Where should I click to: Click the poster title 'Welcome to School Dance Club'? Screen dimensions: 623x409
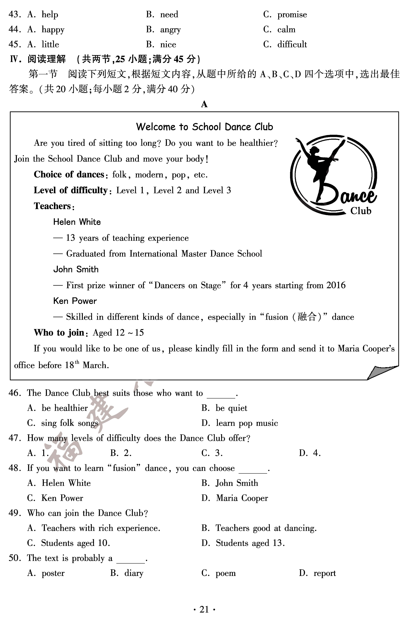click(x=204, y=127)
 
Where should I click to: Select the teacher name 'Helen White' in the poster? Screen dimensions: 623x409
click(x=77, y=222)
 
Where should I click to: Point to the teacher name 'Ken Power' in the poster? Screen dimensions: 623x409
click(x=75, y=301)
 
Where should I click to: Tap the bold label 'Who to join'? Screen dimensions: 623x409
click(x=59, y=333)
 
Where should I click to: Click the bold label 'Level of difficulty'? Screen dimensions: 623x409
click(x=71, y=190)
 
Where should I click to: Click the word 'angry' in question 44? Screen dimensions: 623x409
click(x=170, y=30)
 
